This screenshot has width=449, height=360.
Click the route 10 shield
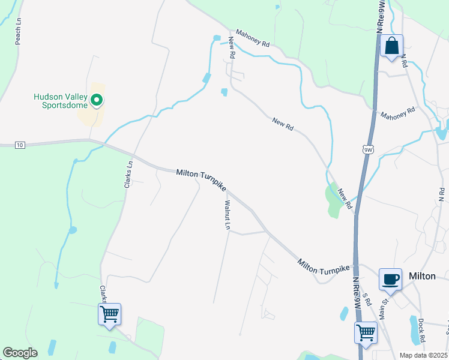tap(20, 145)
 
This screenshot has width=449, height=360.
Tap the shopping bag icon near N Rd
tap(391, 46)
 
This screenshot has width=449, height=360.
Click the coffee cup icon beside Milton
tap(390, 279)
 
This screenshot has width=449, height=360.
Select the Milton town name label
tap(421, 276)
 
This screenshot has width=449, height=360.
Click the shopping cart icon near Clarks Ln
tap(109, 314)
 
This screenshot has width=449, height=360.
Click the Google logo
tap(20, 353)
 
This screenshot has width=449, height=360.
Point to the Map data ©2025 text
tap(423, 355)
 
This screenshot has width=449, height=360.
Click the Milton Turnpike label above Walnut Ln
tap(201, 180)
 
